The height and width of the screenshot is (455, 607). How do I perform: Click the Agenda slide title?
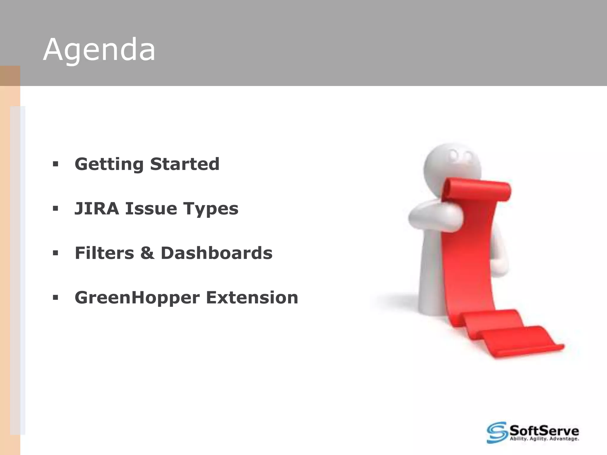coord(99,50)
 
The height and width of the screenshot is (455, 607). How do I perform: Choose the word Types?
coord(211,209)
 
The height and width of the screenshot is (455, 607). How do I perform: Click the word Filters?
coord(104,253)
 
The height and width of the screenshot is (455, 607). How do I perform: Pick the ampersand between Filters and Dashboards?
coord(147,253)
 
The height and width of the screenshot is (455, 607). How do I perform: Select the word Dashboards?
coord(216,253)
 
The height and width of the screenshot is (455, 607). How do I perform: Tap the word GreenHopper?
coord(137,298)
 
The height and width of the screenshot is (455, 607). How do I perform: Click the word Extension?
coord(252,297)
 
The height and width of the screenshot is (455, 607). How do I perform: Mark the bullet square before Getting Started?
coord(55,164)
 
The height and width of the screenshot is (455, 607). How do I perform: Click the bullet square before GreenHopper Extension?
coord(55,297)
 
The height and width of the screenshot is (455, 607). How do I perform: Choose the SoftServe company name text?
coord(544,430)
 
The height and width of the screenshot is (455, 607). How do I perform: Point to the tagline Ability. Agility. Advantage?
coord(544,439)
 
